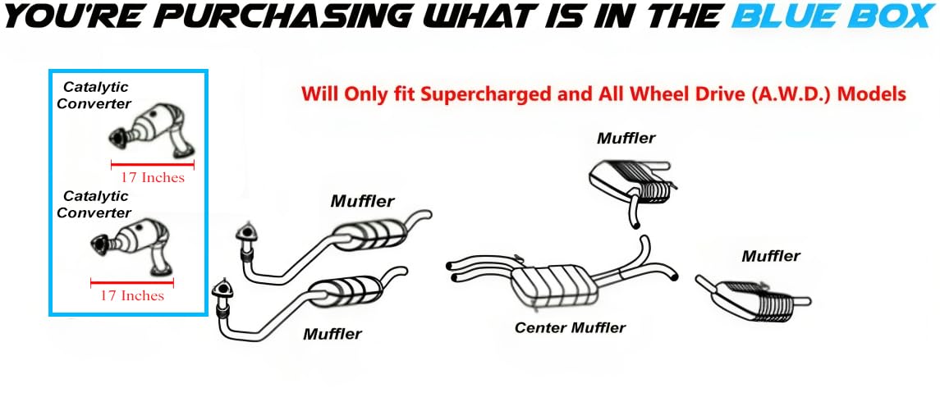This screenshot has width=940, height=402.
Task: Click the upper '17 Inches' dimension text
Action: pos(152,178)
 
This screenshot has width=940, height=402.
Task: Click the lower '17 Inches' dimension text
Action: pos(132,295)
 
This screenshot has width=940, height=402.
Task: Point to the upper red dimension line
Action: pos(152,163)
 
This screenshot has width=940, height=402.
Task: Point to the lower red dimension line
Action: pos(132,281)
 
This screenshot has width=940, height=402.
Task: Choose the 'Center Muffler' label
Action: pos(570,327)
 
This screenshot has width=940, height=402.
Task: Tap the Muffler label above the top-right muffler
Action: pos(626,138)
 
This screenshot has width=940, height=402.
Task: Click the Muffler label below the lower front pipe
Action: pos(332,334)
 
